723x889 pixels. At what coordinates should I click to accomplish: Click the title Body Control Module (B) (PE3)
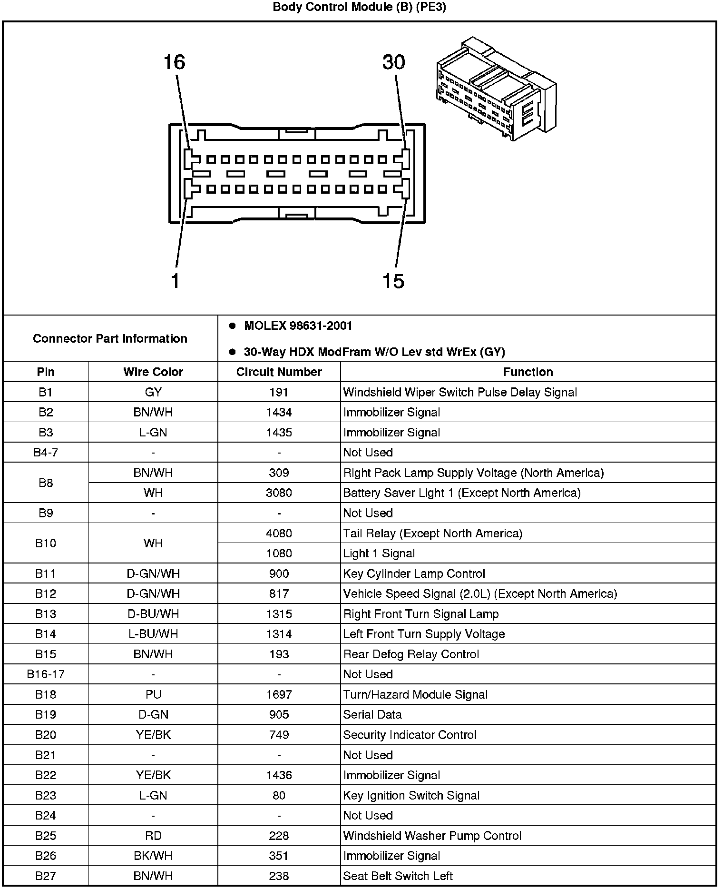coord(359,7)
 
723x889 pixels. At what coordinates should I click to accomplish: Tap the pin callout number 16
coord(174,62)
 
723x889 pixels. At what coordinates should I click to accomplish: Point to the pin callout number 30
coord(393,62)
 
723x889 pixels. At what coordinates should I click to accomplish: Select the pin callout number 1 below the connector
coord(175,281)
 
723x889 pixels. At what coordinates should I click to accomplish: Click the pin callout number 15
coord(393,281)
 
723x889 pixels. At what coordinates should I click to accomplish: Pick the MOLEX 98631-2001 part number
coord(298,326)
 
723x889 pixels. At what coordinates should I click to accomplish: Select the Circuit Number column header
coord(279,372)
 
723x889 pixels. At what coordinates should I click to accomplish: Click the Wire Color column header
coord(153,372)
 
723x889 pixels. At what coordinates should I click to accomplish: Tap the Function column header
coord(528,372)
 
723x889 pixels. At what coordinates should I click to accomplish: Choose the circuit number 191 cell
coord(279,392)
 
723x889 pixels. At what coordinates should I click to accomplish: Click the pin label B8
coord(46,483)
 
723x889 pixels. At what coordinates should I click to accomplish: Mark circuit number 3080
coord(279,493)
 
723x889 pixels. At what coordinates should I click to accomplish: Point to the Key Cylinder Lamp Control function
coord(414,573)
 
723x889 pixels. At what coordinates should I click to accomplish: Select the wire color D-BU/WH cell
coord(153,614)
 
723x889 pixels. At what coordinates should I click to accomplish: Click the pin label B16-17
coord(46,674)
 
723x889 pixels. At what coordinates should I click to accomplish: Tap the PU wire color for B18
coord(153,694)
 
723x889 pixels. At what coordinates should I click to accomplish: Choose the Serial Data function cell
coord(372,714)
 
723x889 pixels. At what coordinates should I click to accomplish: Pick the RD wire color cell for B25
coord(153,836)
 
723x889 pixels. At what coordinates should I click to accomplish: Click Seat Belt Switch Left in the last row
coord(398,876)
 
